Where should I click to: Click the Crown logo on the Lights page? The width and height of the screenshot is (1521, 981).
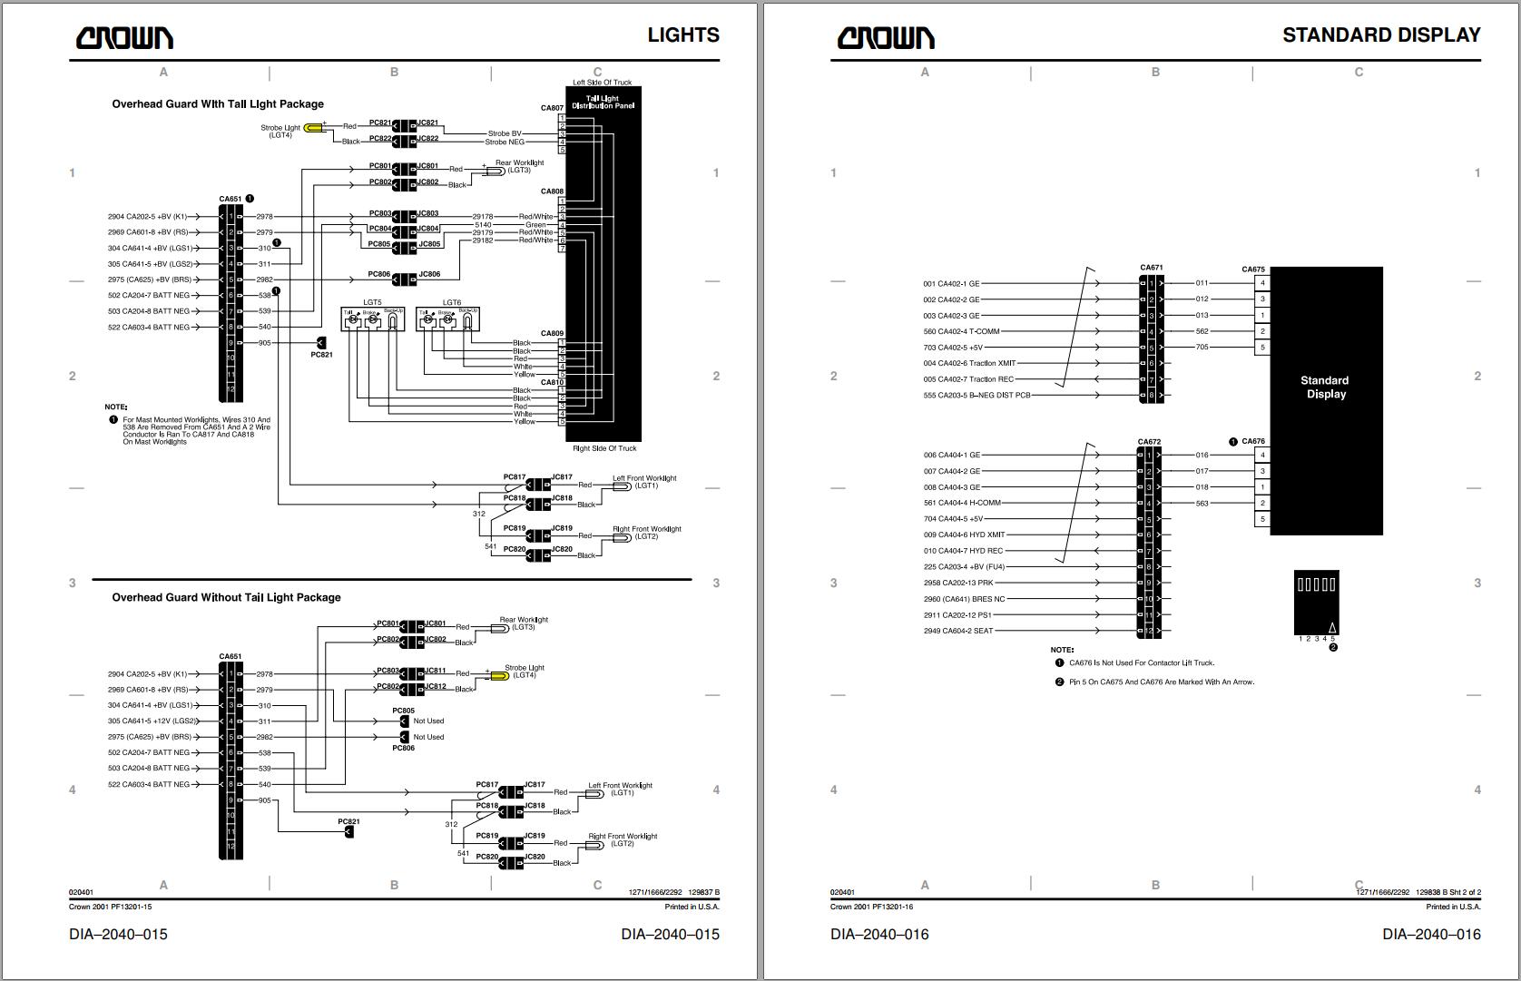click(124, 37)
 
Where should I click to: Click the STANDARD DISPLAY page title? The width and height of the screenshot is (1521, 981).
click(1380, 35)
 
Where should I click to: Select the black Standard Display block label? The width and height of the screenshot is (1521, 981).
click(1324, 387)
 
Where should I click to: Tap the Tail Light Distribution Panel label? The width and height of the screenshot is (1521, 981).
click(603, 102)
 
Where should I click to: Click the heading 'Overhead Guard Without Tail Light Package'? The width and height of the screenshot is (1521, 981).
click(226, 597)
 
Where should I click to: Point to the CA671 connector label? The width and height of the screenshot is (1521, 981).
click(1151, 268)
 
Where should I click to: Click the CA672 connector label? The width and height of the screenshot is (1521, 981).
click(1149, 442)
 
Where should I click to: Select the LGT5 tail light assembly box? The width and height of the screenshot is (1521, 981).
click(372, 319)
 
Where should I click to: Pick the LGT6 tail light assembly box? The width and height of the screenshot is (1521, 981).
click(447, 319)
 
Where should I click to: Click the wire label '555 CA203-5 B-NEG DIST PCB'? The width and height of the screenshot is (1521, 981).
click(976, 396)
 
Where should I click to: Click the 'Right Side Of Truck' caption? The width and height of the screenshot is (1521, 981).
click(604, 448)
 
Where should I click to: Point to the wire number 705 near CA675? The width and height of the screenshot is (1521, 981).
click(1202, 348)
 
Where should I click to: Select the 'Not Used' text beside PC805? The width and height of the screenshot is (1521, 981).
click(428, 721)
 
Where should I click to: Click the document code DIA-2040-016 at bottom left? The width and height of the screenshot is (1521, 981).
click(879, 934)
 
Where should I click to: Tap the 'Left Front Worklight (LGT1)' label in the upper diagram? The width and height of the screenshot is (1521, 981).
click(644, 482)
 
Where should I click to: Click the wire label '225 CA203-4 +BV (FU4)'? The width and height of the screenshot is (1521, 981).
click(964, 567)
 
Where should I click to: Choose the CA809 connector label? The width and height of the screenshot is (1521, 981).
click(553, 334)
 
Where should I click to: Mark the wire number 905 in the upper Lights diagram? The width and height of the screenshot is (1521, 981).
click(264, 343)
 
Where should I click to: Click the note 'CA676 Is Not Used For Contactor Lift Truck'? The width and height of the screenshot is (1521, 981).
click(1141, 663)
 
